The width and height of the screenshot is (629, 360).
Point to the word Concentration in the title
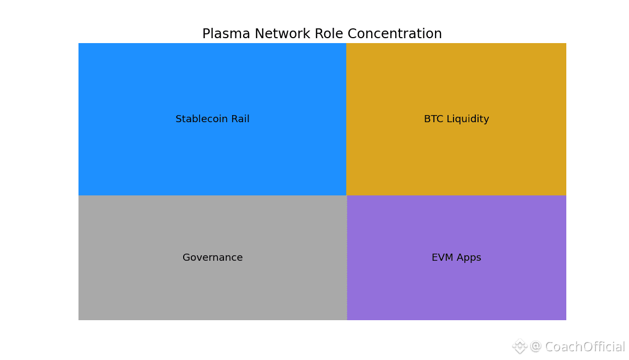point(395,34)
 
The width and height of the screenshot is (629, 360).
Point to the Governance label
point(213,257)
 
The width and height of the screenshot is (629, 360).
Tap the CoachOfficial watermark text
point(584,346)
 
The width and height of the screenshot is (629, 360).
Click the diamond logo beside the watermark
point(519,346)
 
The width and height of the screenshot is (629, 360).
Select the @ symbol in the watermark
point(536,346)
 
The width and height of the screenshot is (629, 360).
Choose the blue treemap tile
point(212,119)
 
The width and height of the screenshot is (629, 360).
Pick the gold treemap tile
point(456,119)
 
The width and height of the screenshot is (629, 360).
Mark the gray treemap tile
point(213,257)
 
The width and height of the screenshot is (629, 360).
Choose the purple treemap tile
point(457,257)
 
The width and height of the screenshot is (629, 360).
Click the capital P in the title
point(206,34)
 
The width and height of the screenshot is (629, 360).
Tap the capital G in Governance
point(186,257)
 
